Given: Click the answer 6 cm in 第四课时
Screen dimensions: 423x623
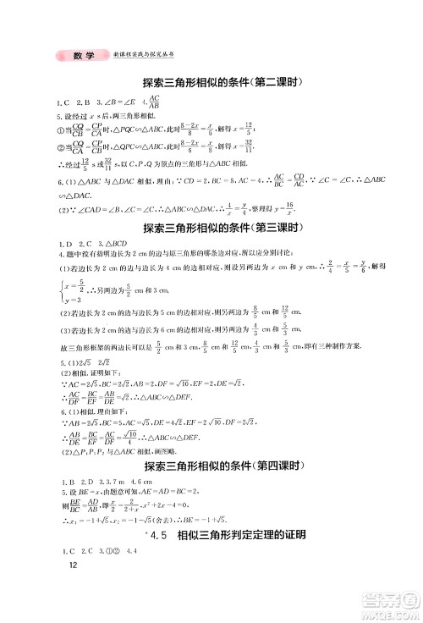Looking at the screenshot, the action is pos(150,483).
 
